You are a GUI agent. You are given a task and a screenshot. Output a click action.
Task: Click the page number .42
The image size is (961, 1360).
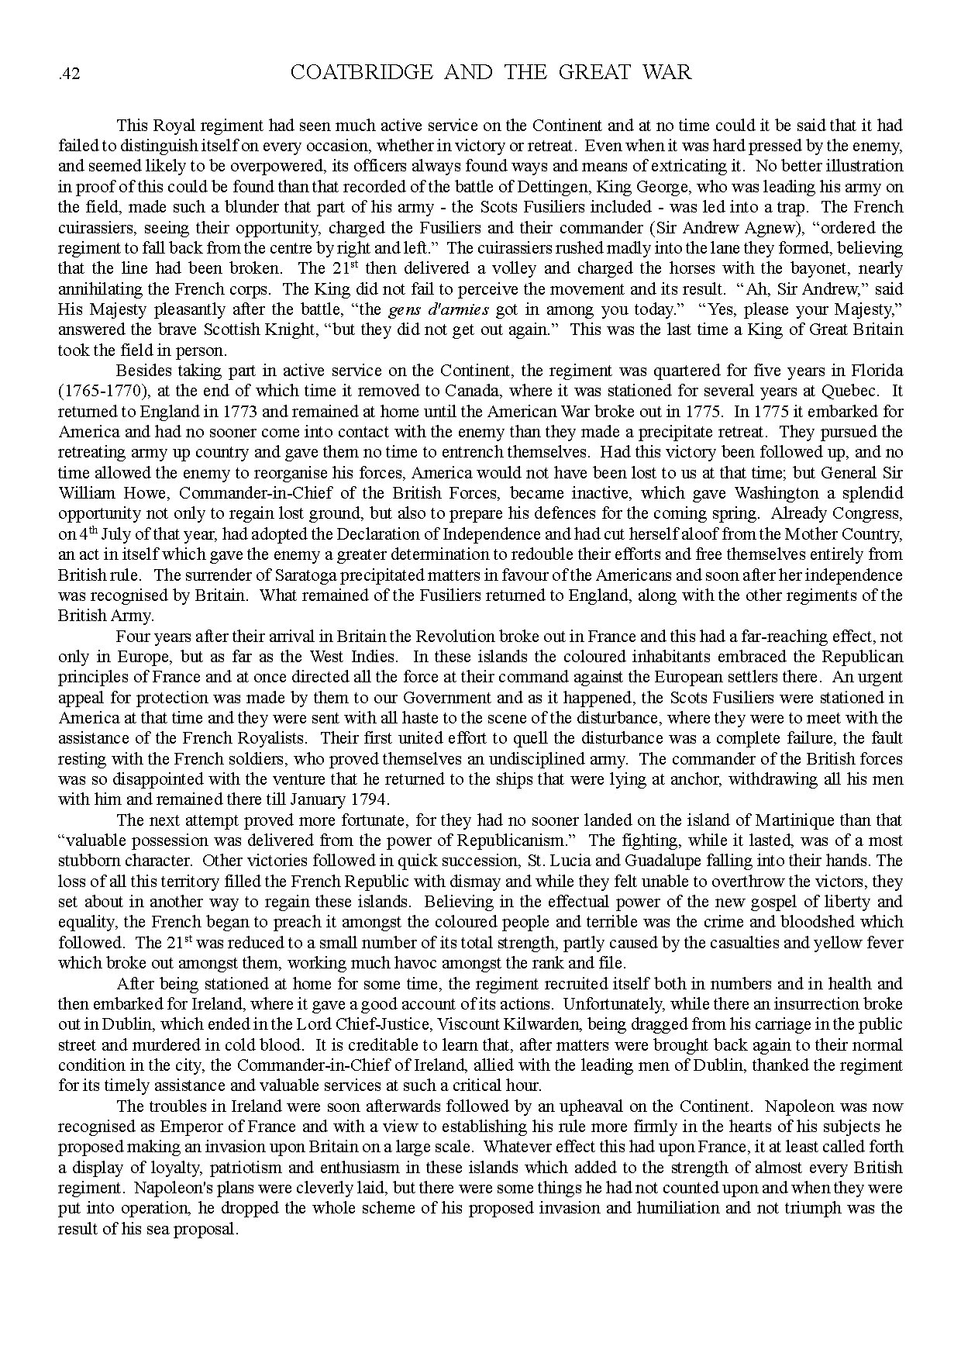[70, 74]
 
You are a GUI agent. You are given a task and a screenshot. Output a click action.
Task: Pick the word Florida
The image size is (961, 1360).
[877, 371]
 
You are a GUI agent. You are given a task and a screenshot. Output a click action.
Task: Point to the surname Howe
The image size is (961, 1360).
[133, 493]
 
